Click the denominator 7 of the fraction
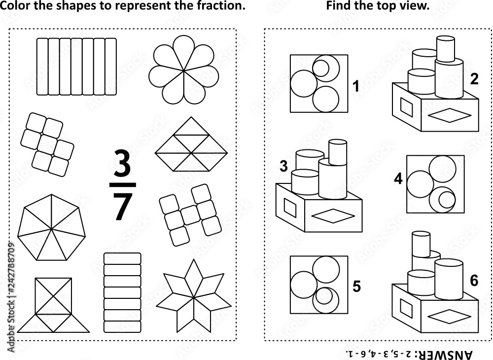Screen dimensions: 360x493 [122, 206]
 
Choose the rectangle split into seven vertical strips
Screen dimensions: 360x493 [76, 66]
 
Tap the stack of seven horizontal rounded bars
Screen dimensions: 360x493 [122, 292]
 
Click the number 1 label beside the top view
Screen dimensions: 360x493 [355, 87]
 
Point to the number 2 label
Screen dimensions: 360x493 [474, 79]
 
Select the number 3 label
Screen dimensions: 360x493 [283, 167]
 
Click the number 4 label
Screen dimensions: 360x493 [398, 179]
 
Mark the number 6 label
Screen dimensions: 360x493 [474, 281]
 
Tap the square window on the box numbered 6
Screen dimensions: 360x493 [407, 309]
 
